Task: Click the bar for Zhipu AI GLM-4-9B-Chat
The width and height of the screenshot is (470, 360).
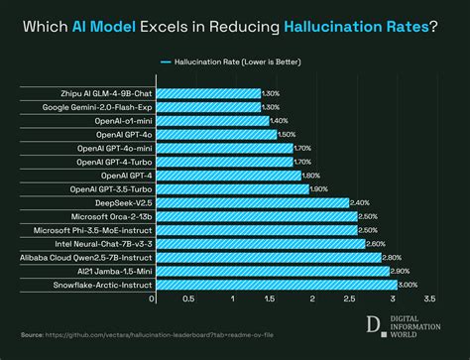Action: [x=206, y=92]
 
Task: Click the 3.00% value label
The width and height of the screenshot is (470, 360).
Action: [x=408, y=285]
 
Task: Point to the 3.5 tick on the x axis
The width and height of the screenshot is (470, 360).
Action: [x=429, y=298]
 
